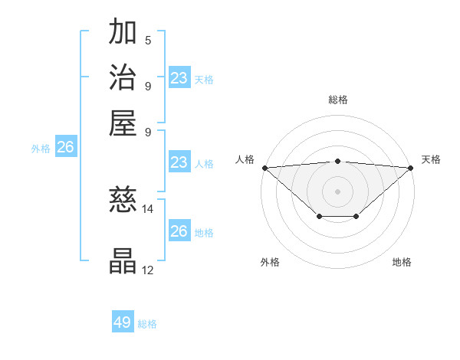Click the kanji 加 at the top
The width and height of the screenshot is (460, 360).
123,34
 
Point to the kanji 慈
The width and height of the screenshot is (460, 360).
123,201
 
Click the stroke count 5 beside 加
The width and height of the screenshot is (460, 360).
148,41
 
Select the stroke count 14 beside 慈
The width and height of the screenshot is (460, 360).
148,208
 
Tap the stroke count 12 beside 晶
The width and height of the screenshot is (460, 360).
148,270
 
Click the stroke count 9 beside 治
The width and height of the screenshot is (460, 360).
148,85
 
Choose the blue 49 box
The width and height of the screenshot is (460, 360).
123,322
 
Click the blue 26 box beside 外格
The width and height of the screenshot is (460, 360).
66,148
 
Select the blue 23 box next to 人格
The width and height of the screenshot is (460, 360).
179,162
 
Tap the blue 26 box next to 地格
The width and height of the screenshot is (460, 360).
179,231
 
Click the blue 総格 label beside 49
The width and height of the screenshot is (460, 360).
147,324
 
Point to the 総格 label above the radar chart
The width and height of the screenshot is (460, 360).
337,100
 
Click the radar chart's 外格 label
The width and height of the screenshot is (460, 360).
270,262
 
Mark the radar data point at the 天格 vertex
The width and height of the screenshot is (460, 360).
411,168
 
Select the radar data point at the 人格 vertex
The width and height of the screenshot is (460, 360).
264,168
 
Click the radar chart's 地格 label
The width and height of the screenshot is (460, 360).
402,262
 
